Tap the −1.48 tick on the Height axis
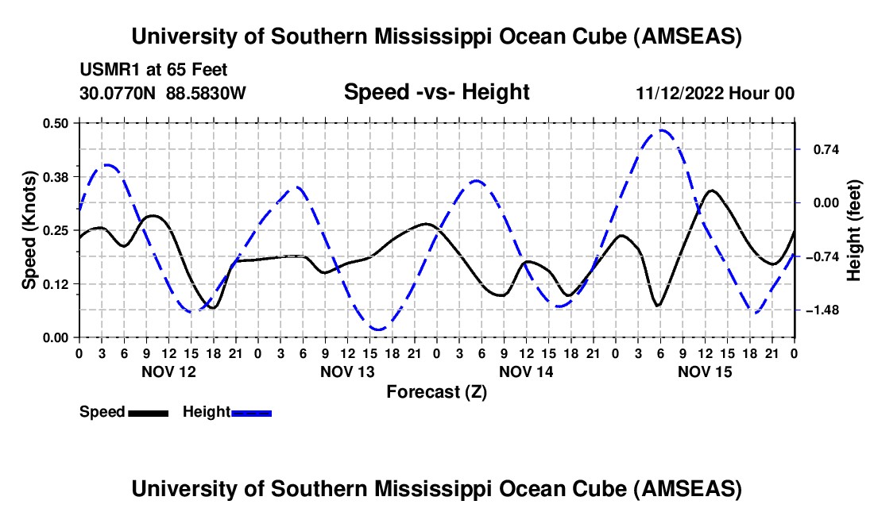[821, 310]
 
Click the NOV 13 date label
[347, 372]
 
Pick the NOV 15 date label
[705, 372]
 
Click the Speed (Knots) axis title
[29, 230]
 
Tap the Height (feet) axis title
[854, 230]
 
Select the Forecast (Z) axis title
[436, 391]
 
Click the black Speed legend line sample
[148, 413]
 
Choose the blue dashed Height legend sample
[251, 413]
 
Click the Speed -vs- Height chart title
[436, 92]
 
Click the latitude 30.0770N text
[118, 93]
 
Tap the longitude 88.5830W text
[206, 93]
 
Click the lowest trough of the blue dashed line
[378, 329]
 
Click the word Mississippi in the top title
[433, 36]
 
